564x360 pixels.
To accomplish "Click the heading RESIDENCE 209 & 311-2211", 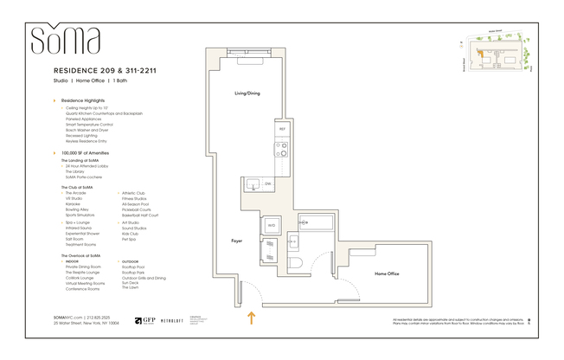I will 105,69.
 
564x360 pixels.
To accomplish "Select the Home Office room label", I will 387,273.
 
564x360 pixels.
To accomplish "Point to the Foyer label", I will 237,240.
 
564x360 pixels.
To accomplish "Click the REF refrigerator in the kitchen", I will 282,129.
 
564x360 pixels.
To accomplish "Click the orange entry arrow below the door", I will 252,318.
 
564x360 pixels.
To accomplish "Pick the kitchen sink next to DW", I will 253,183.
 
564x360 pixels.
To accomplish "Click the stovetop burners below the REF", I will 282,151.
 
